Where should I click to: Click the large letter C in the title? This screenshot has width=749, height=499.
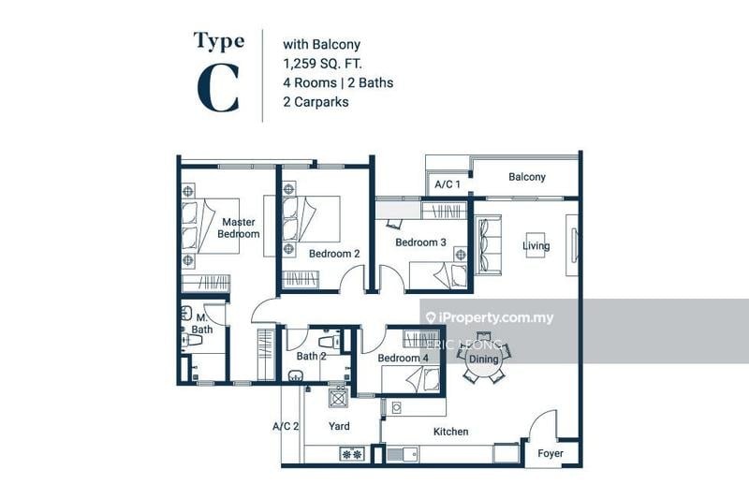[217, 89]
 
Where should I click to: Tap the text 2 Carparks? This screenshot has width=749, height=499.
[316, 101]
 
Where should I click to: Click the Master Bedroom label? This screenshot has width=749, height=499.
[239, 227]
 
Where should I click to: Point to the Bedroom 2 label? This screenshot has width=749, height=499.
[334, 254]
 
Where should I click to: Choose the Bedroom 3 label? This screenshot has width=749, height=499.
[420, 242]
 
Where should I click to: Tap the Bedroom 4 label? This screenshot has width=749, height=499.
[403, 359]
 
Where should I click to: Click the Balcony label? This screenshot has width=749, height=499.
[526, 177]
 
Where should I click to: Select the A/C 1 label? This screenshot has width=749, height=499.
[447, 184]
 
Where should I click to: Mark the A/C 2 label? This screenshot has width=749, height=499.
[286, 426]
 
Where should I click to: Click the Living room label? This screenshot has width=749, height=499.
[536, 246]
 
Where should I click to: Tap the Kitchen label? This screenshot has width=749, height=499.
[450, 432]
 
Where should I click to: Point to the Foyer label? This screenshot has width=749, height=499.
[550, 453]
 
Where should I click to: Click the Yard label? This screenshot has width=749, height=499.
[339, 426]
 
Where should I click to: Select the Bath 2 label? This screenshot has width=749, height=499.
[311, 356]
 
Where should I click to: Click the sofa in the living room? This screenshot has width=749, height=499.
[489, 244]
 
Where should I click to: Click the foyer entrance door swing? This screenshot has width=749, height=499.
[543, 425]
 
